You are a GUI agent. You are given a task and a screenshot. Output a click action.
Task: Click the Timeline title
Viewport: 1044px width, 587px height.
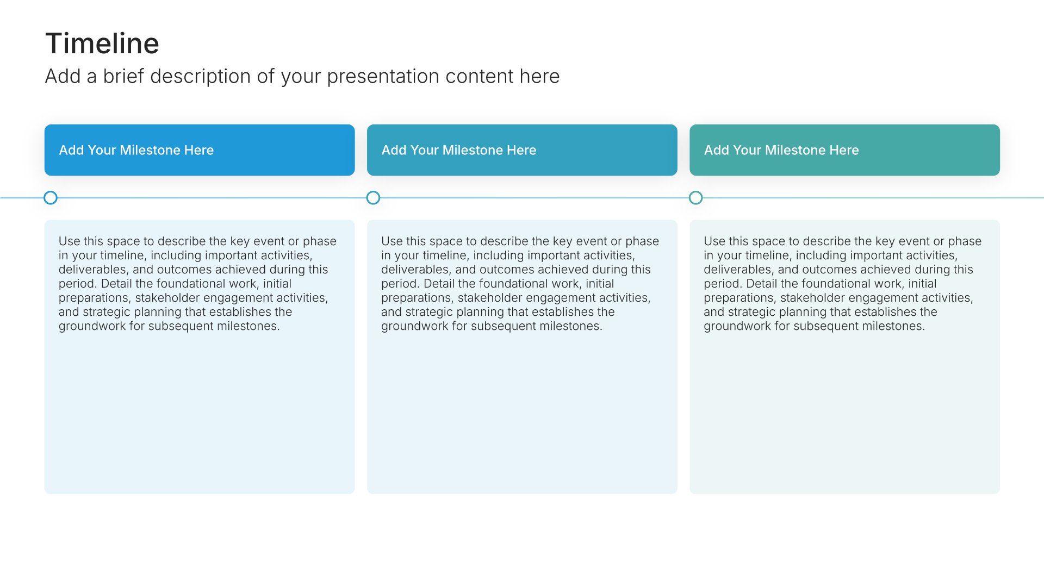102,43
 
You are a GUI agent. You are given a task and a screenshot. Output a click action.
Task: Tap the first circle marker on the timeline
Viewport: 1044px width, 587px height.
51,198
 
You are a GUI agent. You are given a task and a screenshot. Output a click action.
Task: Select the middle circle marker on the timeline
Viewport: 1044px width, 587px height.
373,198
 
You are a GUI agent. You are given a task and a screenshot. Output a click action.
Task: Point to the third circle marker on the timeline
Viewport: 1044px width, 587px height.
695,198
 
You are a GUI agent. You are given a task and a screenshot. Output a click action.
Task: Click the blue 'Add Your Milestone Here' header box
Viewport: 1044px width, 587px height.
200,150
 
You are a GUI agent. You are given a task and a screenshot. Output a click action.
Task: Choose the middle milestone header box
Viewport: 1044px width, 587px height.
522,150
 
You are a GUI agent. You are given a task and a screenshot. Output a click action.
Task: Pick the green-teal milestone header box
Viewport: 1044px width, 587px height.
844,150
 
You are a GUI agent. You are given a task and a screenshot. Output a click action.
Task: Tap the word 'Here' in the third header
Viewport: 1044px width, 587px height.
844,150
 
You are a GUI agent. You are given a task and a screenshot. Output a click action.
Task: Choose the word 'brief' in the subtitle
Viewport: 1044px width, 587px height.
124,77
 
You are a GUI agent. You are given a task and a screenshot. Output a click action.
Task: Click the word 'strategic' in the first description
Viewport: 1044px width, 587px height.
107,312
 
